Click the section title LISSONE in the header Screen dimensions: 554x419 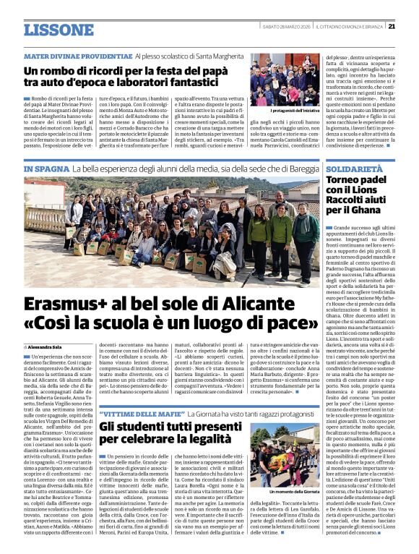48,30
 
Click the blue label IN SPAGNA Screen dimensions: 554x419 45,169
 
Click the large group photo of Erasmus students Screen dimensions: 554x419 181,231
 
